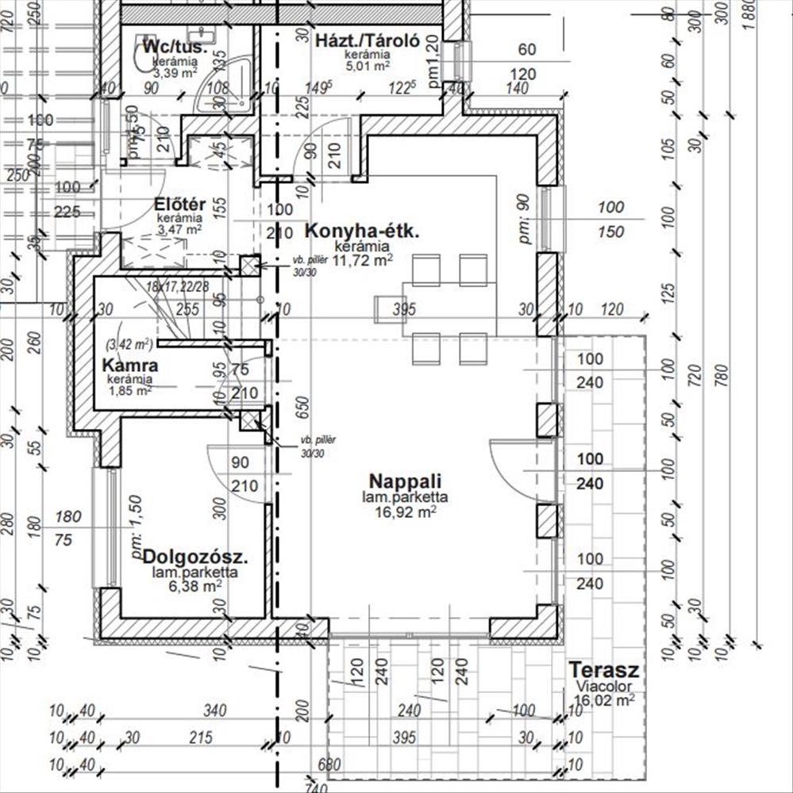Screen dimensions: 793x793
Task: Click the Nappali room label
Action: point(405,481)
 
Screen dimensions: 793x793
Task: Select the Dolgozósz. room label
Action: point(195,556)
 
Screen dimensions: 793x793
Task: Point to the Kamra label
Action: point(130,366)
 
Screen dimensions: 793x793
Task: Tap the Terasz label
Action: point(604,670)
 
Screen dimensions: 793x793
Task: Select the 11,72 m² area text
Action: point(363,260)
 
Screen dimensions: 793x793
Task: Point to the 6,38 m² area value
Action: point(196,587)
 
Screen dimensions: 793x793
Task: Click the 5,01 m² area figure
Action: point(366,67)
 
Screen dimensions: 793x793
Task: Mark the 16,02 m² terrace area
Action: point(603,700)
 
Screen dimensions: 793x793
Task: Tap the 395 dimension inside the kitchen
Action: point(404,309)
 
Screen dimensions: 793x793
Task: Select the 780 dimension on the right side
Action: point(720,373)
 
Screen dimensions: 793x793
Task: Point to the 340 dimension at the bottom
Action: point(215,710)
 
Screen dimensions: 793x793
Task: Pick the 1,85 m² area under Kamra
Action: point(130,390)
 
